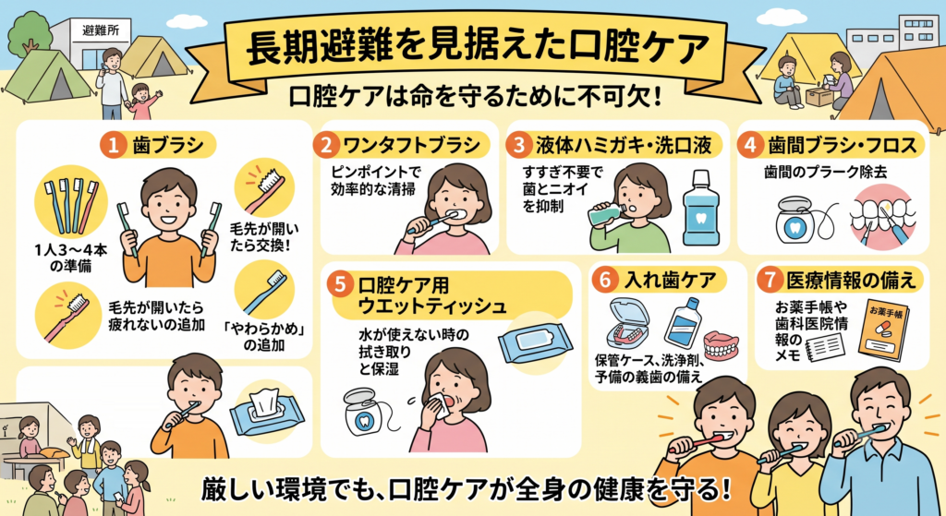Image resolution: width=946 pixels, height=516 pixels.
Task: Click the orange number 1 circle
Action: click(x=113, y=145)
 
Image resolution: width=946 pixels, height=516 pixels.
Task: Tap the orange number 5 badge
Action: click(x=341, y=284)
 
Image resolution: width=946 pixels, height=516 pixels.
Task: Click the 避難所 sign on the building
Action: click(x=101, y=30)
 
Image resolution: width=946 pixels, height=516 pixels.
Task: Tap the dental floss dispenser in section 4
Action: click(x=797, y=220)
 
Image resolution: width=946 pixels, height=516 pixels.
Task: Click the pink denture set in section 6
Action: click(x=721, y=345)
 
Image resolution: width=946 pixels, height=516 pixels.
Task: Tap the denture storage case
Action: click(x=628, y=324)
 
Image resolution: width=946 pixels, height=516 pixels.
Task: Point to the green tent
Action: click(x=47, y=76)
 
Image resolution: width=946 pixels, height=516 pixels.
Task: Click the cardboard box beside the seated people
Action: click(x=819, y=96)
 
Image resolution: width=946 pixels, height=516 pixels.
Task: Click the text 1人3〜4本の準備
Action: click(x=71, y=258)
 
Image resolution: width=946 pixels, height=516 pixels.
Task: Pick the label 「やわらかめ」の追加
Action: click(x=263, y=338)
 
